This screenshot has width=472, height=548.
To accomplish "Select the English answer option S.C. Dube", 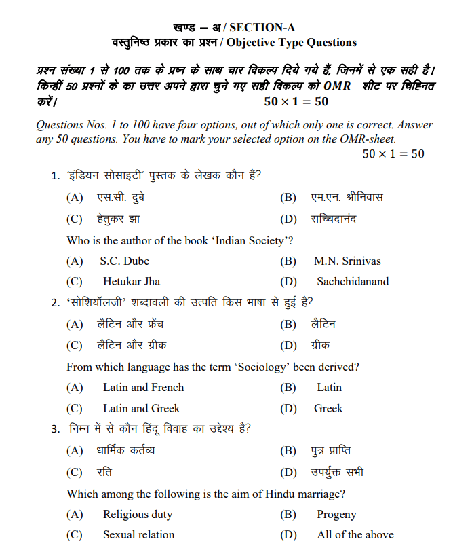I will [x=124, y=261].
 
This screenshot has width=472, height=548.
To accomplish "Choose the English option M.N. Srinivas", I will [x=347, y=261].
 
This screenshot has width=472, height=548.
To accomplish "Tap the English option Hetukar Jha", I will [x=132, y=281].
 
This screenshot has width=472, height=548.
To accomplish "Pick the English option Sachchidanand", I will [x=353, y=281].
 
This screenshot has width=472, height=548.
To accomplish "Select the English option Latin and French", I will [x=143, y=387].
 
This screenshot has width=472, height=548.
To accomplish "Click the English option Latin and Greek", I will [x=141, y=408].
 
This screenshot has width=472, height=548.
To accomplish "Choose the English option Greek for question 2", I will [x=328, y=408].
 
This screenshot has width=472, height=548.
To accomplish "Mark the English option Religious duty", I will [x=138, y=514].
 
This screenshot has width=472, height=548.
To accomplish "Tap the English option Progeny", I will [x=336, y=514].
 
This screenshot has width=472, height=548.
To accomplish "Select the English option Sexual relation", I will [x=138, y=534].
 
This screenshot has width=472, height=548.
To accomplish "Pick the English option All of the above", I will [x=355, y=534].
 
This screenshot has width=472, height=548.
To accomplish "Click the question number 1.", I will [x=55, y=177].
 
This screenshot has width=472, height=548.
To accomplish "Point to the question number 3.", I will [x=55, y=428].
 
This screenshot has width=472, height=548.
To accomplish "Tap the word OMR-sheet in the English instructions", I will [x=368, y=139].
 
